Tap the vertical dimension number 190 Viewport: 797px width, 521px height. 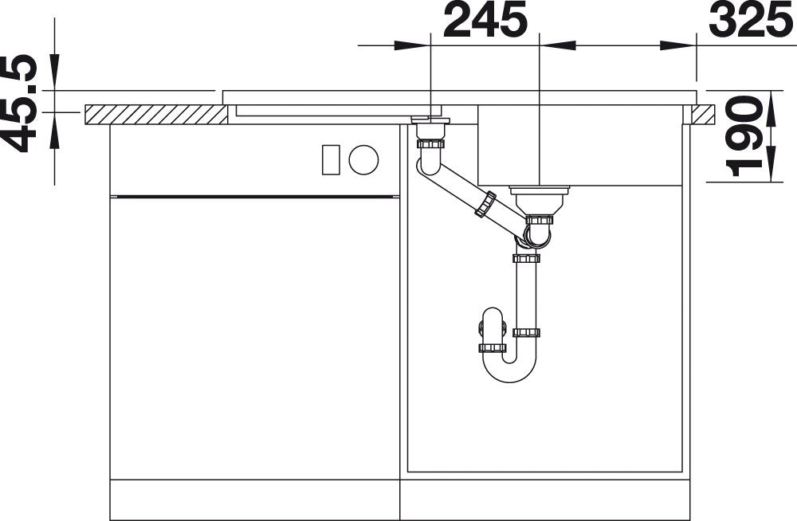click(x=744, y=135)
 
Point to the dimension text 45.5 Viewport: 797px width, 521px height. click(x=19, y=104)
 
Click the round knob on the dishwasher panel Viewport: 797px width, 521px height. click(x=363, y=159)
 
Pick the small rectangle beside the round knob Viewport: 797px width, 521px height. click(x=331, y=159)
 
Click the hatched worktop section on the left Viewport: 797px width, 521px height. click(x=156, y=115)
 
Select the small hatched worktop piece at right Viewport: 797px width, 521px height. click(x=703, y=115)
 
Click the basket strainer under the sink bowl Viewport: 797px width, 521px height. click(x=540, y=200)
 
